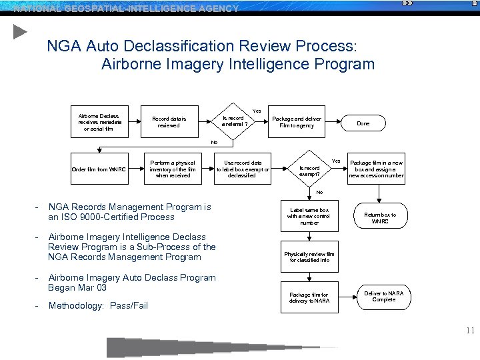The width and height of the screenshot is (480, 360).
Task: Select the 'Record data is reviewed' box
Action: coord(169,122)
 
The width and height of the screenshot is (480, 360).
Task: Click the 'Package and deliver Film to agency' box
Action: coord(297,122)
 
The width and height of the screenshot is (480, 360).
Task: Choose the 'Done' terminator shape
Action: coord(363,123)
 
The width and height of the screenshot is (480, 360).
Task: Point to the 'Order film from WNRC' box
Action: coord(98,169)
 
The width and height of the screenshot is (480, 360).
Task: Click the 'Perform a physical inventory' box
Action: coord(173,169)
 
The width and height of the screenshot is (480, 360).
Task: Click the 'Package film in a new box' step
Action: coord(377,169)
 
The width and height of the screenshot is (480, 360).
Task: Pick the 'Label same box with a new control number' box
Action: coord(309,216)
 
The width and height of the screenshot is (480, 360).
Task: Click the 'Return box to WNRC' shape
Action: coord(379,218)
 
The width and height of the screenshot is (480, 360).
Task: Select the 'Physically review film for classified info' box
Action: coord(309,257)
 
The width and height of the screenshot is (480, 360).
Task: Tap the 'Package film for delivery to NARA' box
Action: coord(309,297)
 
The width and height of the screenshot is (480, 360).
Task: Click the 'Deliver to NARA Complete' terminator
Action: coord(383,295)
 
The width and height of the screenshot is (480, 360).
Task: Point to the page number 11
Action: coord(470,330)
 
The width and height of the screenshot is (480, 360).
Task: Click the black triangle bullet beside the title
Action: coord(20,31)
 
